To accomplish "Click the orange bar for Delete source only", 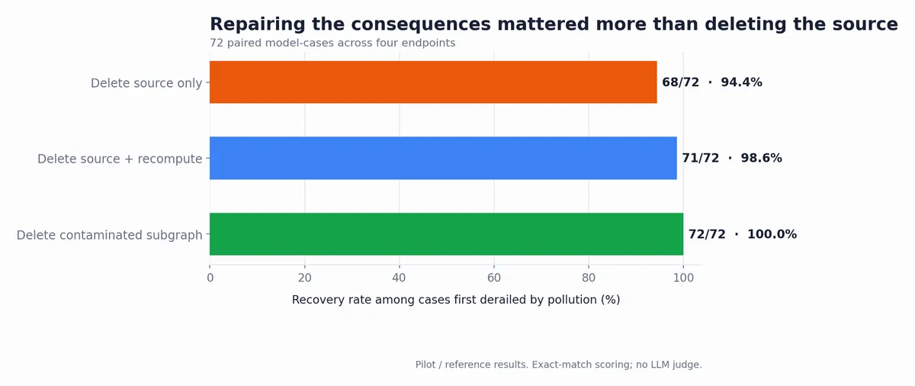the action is [x=433, y=82].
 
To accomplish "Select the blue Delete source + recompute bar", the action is [x=443, y=158].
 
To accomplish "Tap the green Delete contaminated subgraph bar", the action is [x=447, y=234].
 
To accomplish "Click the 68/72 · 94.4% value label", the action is [x=712, y=82].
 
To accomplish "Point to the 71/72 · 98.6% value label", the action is [x=732, y=158].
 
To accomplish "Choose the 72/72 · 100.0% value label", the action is [x=743, y=234].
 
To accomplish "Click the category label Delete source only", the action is [x=146, y=83].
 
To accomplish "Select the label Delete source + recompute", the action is [x=120, y=159].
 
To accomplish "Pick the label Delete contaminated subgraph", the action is [x=110, y=235].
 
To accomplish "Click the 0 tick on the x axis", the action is [x=210, y=278].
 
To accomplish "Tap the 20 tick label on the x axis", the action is [x=305, y=278].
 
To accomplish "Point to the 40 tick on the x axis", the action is [x=399, y=278].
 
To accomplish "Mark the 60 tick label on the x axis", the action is [x=494, y=278].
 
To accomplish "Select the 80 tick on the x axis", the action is [x=589, y=278].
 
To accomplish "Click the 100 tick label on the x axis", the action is [x=683, y=278].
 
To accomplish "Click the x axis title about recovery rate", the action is [x=456, y=300].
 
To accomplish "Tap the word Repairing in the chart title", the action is [x=258, y=24].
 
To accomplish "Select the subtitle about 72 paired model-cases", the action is [x=332, y=43].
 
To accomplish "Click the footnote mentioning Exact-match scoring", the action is [x=558, y=365].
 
